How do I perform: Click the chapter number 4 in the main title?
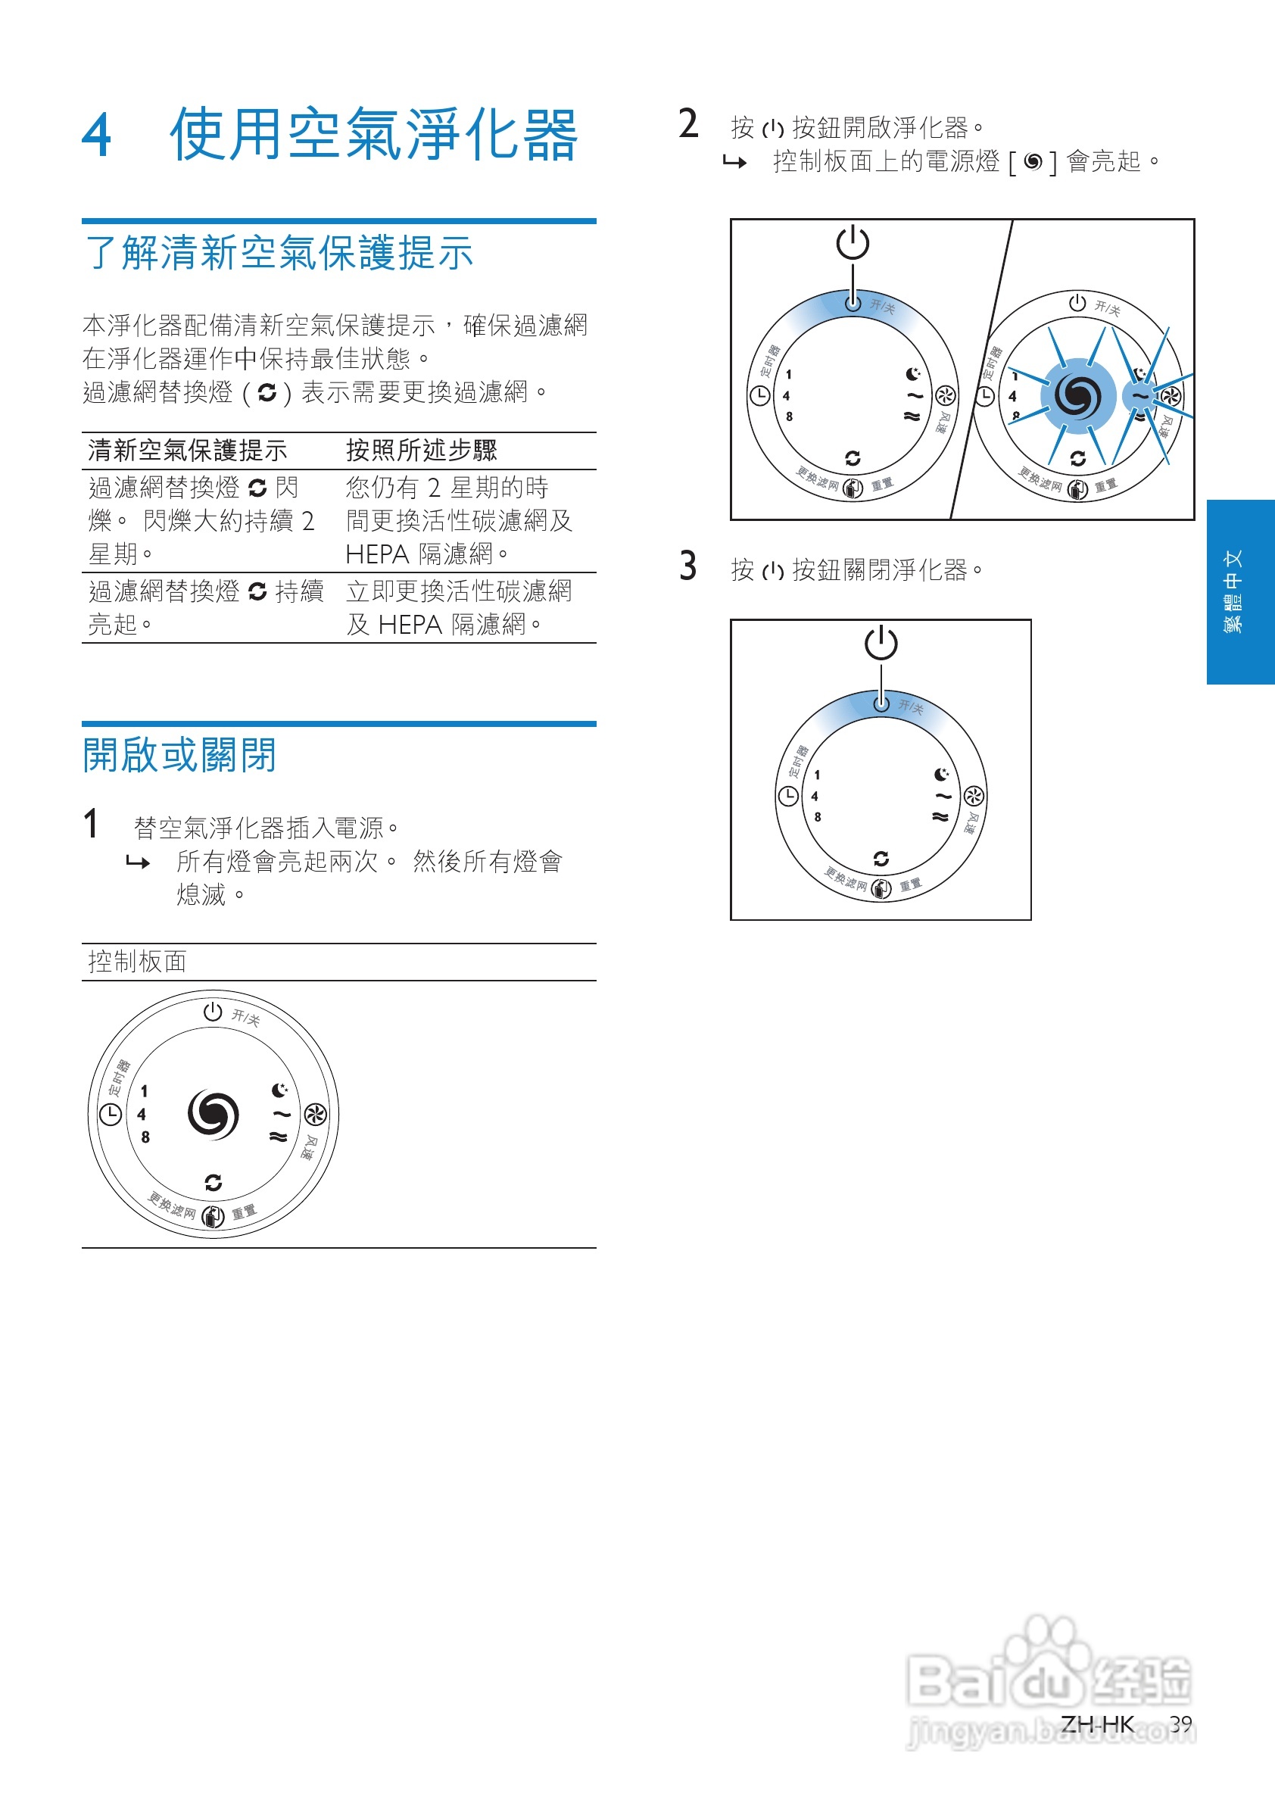click(98, 136)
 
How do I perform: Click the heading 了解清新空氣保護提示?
click(279, 253)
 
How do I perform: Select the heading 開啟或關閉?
click(179, 755)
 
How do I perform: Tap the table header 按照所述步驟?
click(422, 450)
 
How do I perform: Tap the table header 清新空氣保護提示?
click(188, 450)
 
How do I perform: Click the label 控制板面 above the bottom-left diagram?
click(137, 961)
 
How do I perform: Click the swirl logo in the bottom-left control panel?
click(214, 1113)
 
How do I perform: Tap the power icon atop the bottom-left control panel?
click(213, 1012)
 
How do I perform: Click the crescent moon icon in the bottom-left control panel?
click(279, 1090)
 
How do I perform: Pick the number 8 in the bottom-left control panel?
click(145, 1137)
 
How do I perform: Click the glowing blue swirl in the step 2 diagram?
click(1077, 396)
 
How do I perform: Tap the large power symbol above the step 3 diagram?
click(881, 642)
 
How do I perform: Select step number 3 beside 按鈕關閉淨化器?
click(687, 566)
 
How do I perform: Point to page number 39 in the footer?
click(1180, 1723)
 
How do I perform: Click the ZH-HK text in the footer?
click(1097, 1723)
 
